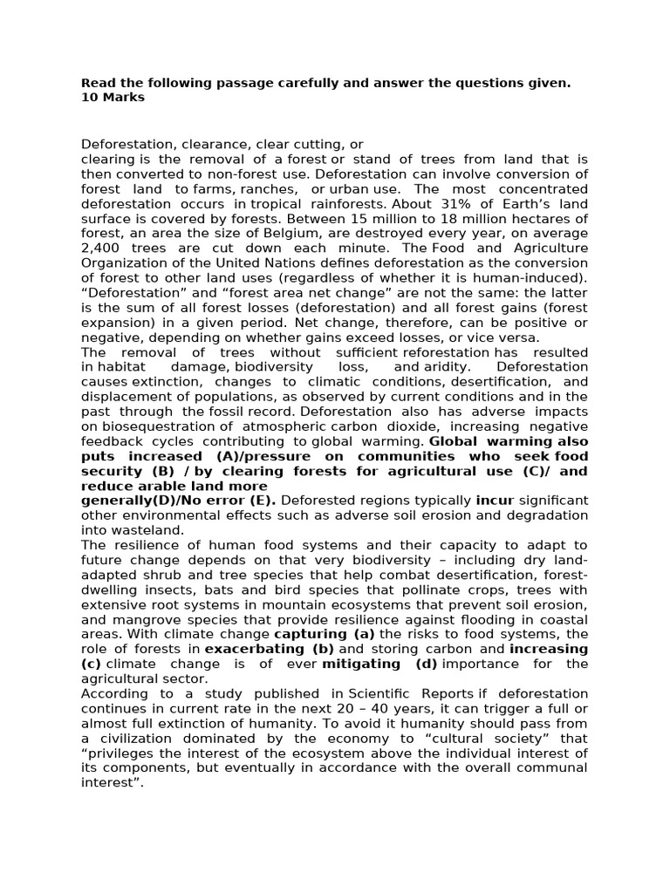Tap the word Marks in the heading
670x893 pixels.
point(123,98)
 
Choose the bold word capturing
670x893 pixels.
point(325,634)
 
